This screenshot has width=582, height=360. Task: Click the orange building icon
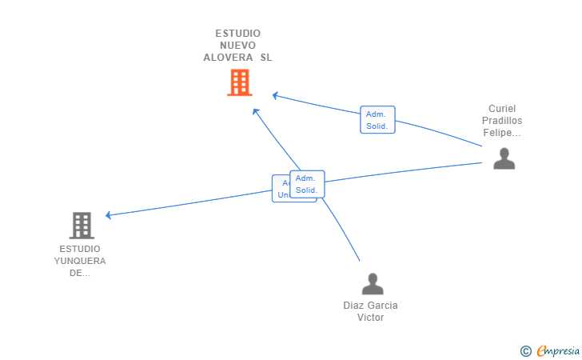tap(239, 82)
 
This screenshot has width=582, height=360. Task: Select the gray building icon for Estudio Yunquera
tap(81, 226)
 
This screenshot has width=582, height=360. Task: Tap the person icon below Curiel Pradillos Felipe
tap(504, 158)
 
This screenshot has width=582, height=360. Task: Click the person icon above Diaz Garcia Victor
tap(372, 284)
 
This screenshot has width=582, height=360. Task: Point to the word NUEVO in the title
tap(237, 46)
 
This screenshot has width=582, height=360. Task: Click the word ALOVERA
tap(228, 58)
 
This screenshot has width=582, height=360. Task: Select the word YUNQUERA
tap(80, 261)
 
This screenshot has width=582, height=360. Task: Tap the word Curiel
tap(504, 109)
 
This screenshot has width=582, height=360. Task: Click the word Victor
tap(370, 318)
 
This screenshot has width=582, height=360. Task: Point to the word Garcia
tap(381, 306)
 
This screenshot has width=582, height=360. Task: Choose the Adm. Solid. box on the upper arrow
tap(377, 119)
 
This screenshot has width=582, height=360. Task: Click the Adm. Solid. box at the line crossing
tap(307, 184)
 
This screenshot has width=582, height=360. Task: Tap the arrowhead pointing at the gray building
tap(108, 215)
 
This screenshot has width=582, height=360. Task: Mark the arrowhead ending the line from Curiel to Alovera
tap(274, 95)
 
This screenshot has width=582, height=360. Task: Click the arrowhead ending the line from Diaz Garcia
tap(255, 110)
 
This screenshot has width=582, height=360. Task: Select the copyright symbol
tap(525, 350)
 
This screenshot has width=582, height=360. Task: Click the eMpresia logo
tap(558, 350)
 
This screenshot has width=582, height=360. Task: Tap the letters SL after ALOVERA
tap(266, 58)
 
